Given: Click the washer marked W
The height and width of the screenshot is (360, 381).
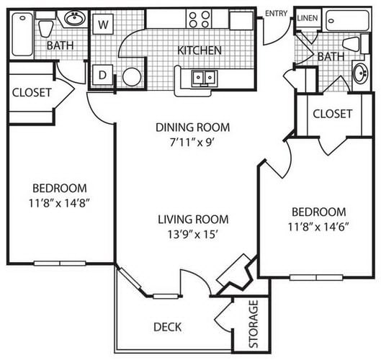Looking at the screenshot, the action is (103, 24).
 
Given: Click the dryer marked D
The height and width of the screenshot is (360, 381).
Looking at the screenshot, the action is (103, 75).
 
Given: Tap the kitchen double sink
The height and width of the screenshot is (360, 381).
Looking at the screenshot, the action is (205, 78).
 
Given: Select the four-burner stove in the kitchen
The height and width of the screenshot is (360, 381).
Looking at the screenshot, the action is (200, 19).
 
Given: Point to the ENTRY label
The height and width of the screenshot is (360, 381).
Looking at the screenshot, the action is (277, 14).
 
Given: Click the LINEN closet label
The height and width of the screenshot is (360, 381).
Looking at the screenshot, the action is (308, 18).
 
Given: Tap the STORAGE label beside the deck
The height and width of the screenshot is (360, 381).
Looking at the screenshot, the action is (254, 324).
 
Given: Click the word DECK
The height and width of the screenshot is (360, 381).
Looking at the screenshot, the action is (168, 327).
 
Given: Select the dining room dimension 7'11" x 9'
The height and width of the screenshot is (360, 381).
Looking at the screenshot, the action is (192, 143).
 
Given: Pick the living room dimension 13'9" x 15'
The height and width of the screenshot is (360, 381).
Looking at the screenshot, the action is (192, 235).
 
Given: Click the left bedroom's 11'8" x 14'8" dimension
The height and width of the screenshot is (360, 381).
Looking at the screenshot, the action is (58, 203).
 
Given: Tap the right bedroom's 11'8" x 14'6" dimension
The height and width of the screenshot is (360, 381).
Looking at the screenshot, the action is (318, 227).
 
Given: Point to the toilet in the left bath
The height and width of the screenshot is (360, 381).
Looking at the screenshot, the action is (46, 25).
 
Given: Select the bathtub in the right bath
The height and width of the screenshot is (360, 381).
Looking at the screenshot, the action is (347, 20).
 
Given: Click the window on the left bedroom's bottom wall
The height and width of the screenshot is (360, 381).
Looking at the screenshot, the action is (60, 264).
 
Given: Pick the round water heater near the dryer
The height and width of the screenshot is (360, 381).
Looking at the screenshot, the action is (132, 77).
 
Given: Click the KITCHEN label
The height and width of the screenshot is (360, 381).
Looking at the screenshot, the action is (200, 50).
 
